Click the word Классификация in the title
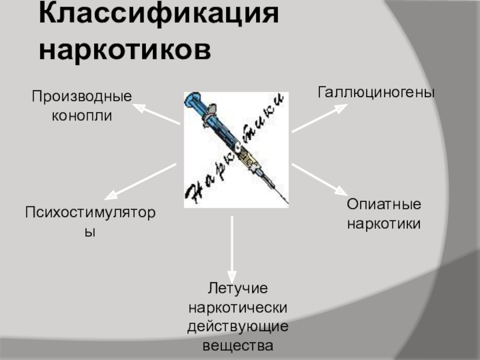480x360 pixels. click(159, 14)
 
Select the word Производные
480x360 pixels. click(82, 96)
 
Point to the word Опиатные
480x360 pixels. click(383, 205)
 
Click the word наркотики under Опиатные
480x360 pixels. click(383, 223)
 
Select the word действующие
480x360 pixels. click(238, 327)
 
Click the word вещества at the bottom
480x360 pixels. click(238, 346)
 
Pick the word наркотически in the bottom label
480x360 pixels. click(238, 308)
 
